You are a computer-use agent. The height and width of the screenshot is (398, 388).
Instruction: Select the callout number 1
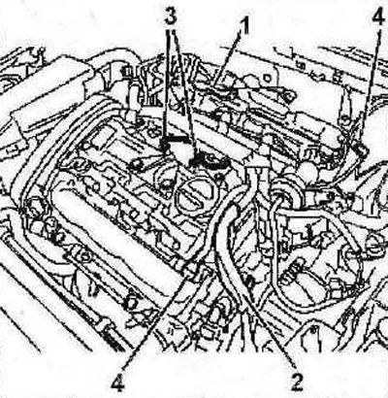coord(245,26)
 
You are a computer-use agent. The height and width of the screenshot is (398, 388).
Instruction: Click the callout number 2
coord(297,382)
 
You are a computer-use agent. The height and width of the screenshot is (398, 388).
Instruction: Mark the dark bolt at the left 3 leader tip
coord(166,146)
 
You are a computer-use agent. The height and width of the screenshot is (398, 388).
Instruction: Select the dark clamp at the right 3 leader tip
coord(200,159)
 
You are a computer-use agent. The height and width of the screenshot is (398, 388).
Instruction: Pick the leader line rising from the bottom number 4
coord(156,320)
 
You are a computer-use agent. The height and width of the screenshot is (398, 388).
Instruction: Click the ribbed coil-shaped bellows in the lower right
coord(294,271)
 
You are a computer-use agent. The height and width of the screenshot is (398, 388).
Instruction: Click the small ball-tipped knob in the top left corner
coord(42,51)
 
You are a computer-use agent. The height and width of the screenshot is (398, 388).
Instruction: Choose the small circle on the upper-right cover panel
coord(268,78)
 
